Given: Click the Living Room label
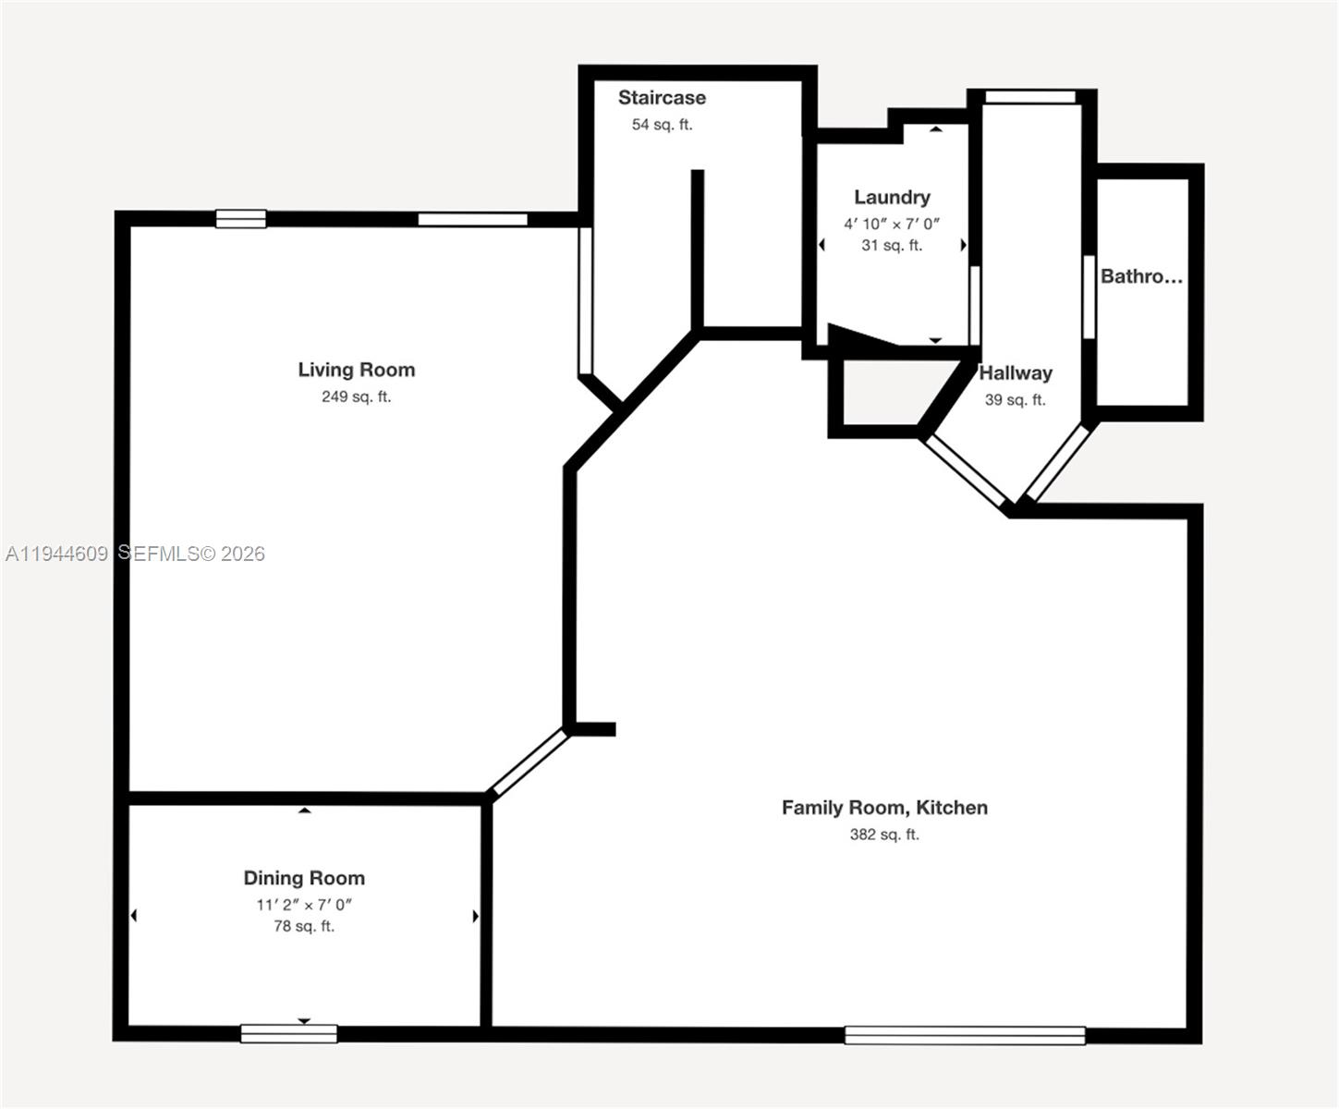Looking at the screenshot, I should (356, 370).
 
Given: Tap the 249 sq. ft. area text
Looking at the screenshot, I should (356, 396).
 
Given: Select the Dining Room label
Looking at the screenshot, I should (304, 878).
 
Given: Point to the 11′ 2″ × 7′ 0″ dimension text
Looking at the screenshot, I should (304, 905).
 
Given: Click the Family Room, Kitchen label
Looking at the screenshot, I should (884, 808).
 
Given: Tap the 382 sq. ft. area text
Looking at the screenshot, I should (884, 835).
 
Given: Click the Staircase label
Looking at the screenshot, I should (662, 98).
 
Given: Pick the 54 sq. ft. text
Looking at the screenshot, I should (662, 125).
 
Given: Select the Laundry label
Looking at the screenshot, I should (892, 197).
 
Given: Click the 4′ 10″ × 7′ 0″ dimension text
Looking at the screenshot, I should (892, 224).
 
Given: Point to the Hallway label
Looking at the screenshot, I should (1016, 373).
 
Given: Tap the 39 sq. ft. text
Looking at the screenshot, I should (1015, 400).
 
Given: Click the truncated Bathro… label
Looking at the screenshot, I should (1141, 276).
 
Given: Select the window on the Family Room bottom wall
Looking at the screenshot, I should (965, 1035).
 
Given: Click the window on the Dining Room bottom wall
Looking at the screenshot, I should (288, 1034).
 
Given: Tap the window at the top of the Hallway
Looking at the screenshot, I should (1030, 97).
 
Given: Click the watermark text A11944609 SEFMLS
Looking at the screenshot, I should (135, 554).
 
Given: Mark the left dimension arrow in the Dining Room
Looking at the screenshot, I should (134, 916).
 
